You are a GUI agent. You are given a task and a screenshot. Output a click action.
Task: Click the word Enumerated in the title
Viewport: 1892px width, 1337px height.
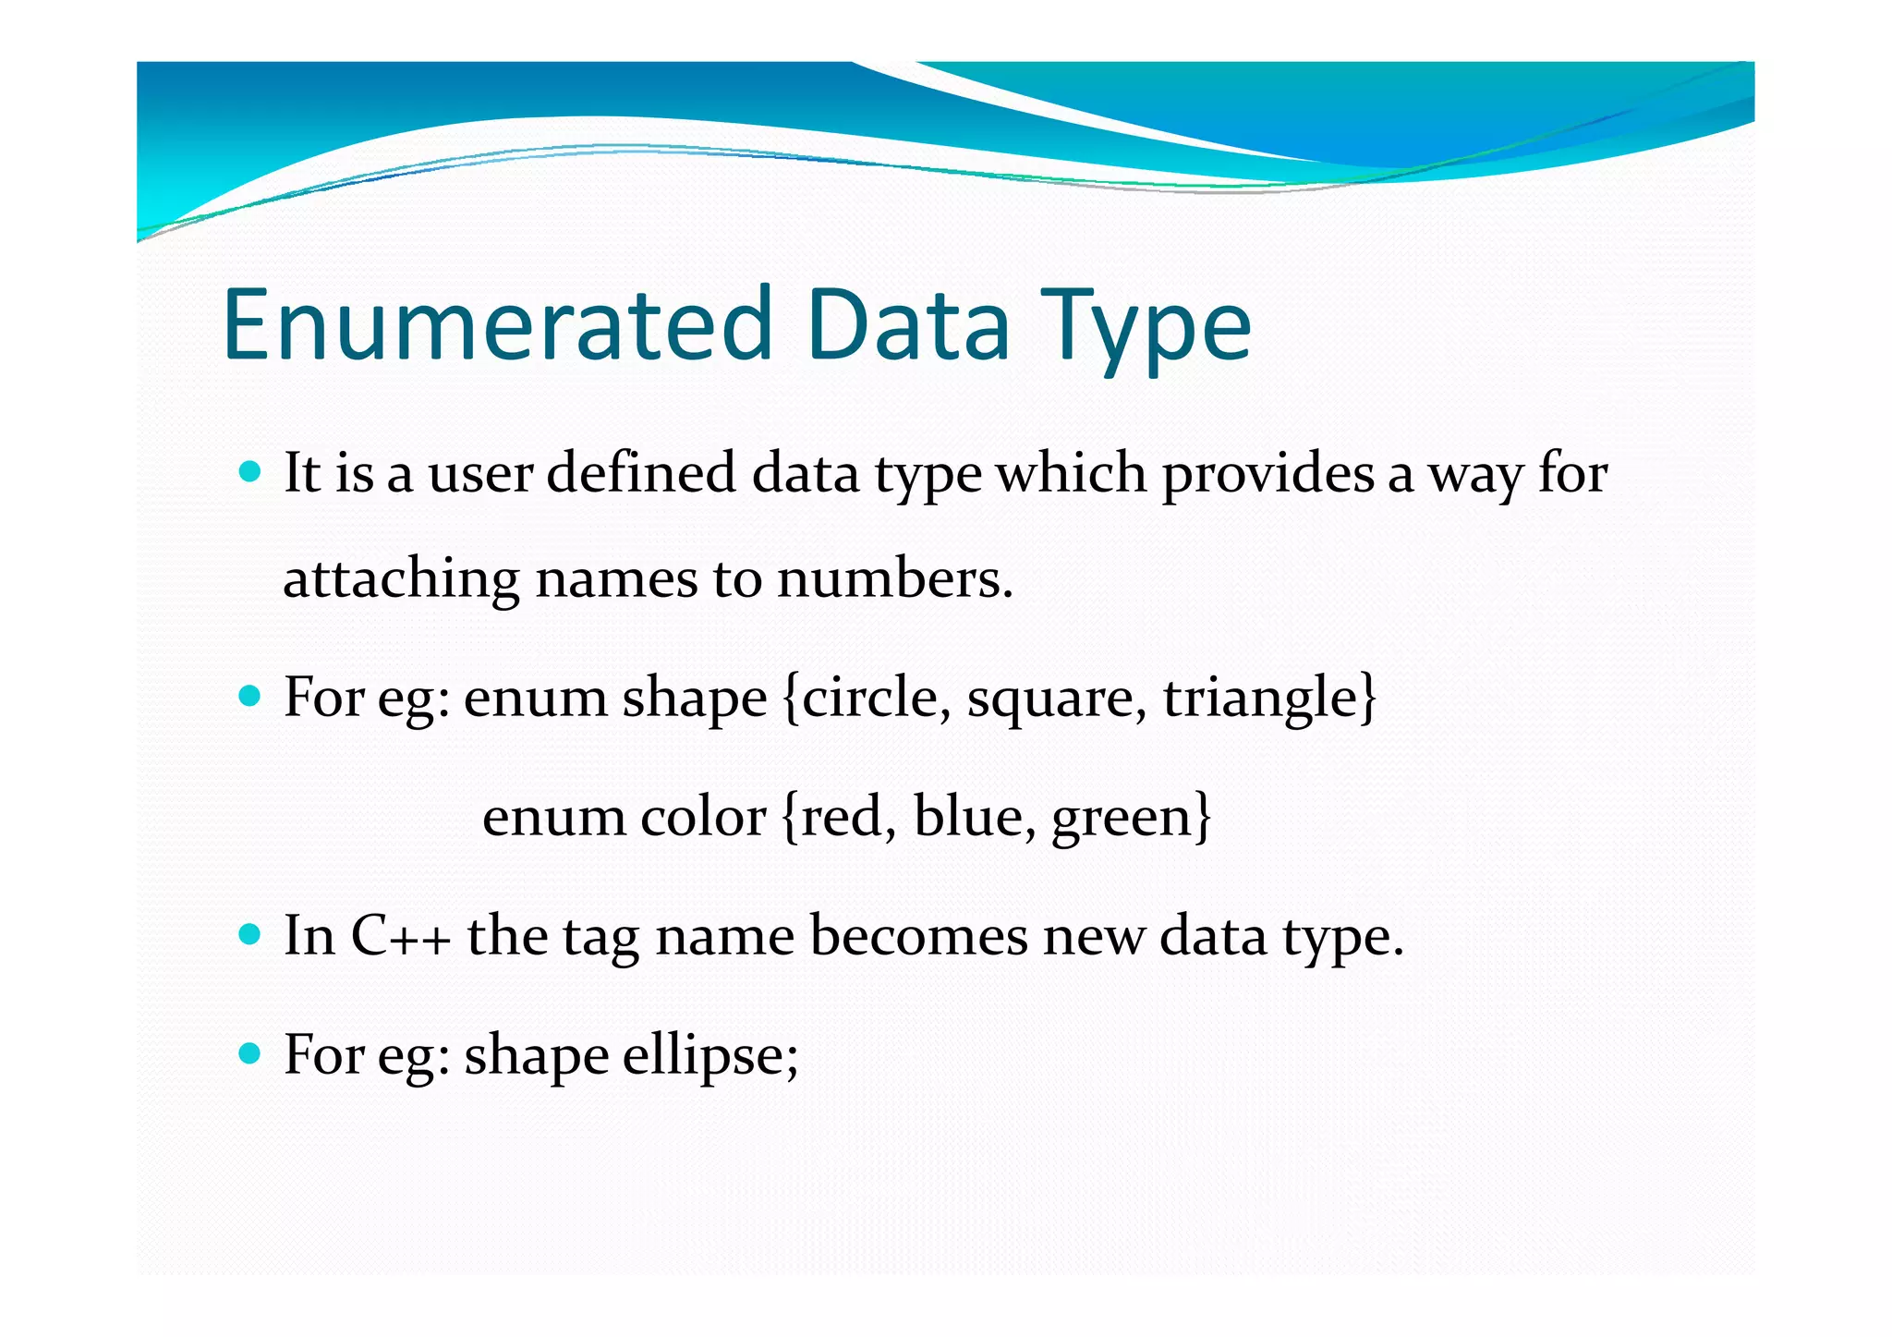(497, 325)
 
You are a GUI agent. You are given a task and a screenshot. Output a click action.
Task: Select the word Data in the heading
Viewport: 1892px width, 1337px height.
(908, 325)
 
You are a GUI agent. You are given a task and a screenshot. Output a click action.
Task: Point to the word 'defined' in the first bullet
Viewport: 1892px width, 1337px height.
(641, 473)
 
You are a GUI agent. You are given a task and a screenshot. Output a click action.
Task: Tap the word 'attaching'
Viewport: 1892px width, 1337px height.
(401, 580)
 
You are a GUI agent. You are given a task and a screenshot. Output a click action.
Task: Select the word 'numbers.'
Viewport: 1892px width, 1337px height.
(895, 580)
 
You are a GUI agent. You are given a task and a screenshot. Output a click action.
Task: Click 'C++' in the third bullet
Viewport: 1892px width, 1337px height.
(401, 936)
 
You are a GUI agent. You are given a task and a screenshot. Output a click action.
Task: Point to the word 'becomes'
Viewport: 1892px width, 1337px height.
(918, 936)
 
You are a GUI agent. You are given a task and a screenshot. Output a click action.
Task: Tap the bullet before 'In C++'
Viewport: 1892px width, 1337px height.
(249, 934)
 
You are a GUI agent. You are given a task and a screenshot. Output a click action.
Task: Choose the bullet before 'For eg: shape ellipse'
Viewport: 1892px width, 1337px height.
(249, 1052)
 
